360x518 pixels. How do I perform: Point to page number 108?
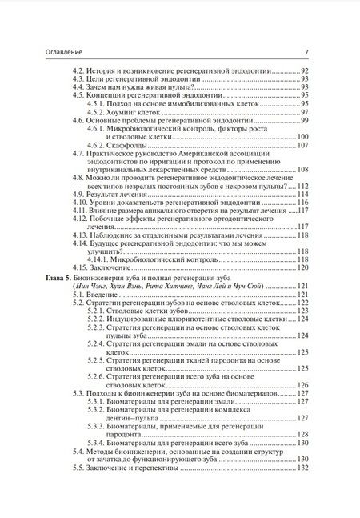click(x=303, y=169)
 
